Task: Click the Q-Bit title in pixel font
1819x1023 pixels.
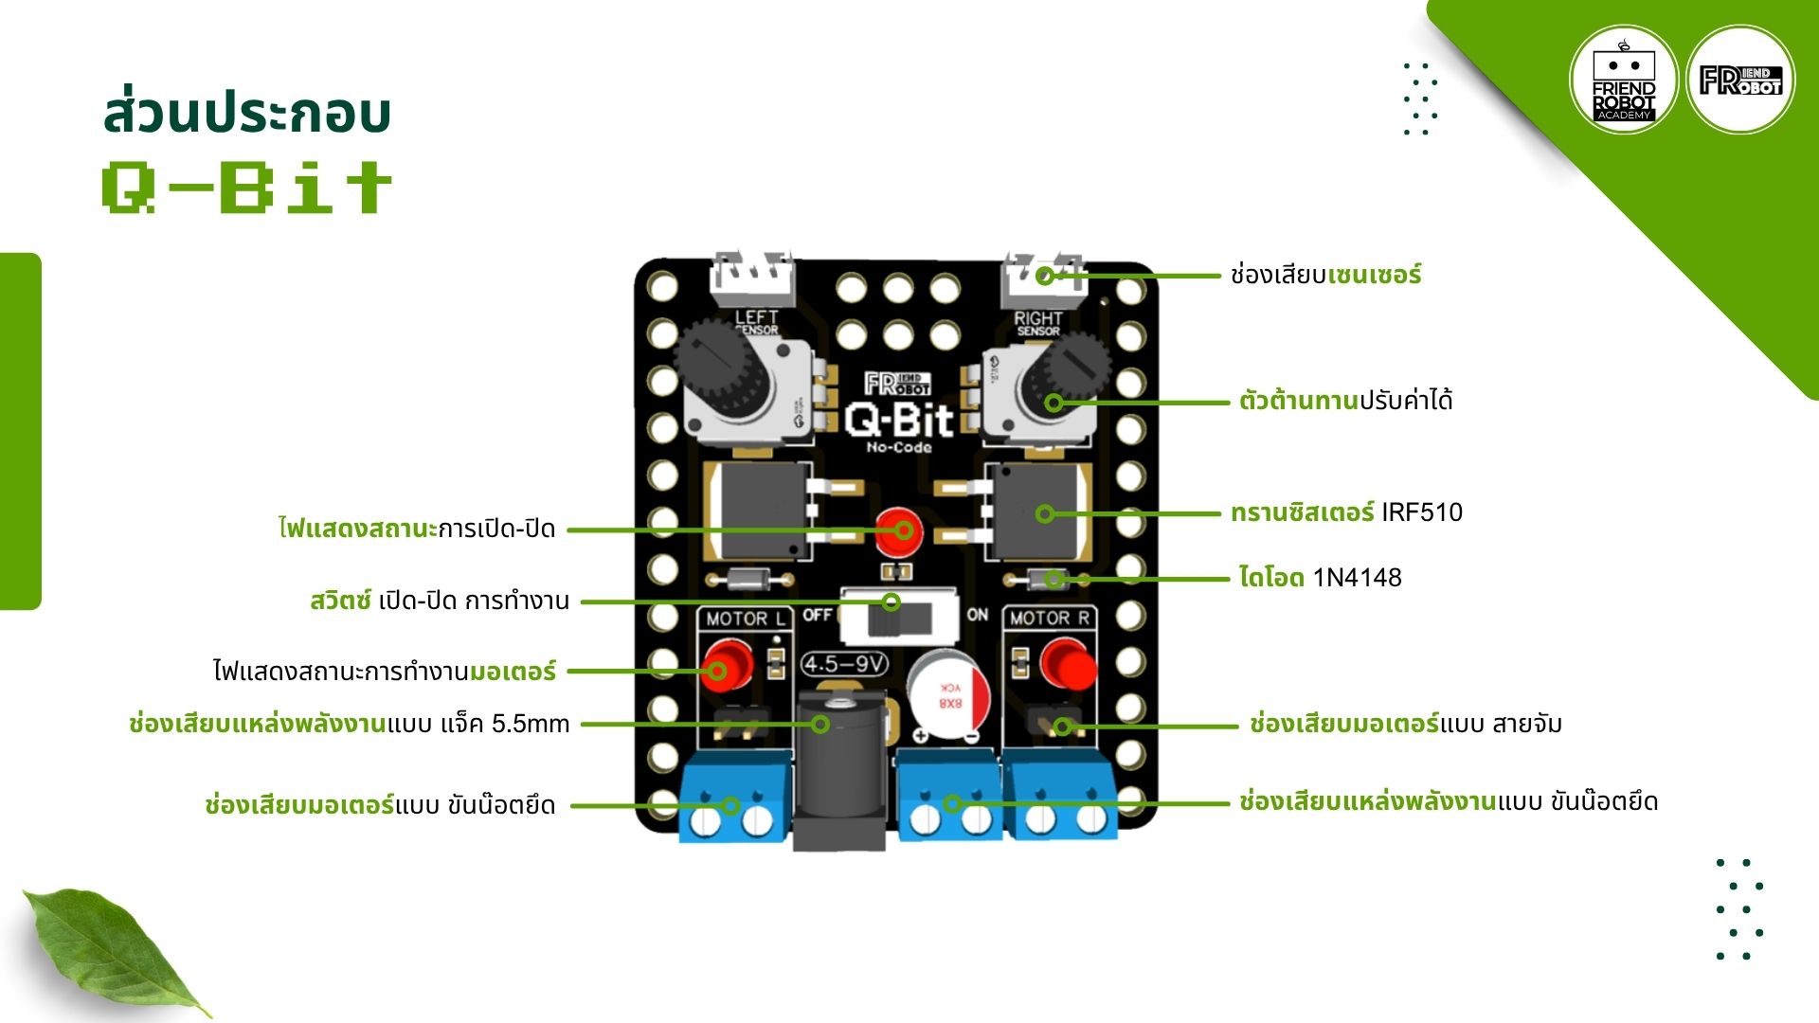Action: [246, 187]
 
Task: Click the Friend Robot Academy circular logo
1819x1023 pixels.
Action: [1624, 80]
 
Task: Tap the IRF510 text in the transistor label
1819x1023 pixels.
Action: [1421, 512]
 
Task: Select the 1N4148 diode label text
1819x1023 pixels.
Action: [1357, 578]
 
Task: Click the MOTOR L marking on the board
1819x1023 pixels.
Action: [745, 619]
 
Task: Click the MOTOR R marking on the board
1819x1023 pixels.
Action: [1049, 619]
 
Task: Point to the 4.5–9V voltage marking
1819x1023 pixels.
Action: [844, 664]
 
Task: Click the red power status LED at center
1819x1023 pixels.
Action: [896, 530]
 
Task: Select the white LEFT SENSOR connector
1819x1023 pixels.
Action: [754, 275]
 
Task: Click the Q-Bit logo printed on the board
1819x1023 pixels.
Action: [899, 419]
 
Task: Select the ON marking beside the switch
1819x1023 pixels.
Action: [978, 615]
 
